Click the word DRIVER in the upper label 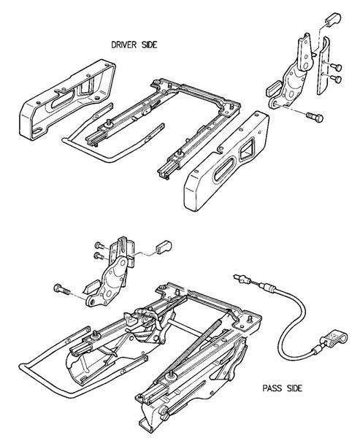[x=124, y=45]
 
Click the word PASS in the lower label [x=271, y=388]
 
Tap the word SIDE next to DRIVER [x=150, y=45]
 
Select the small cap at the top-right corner [x=332, y=18]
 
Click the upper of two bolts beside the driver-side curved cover [x=336, y=67]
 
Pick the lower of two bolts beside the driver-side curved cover [x=336, y=79]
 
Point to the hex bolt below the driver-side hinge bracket [x=315, y=117]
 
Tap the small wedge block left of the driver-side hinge [x=273, y=87]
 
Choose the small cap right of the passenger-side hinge [x=164, y=247]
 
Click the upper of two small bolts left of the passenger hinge [x=99, y=246]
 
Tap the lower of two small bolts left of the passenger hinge [x=99, y=255]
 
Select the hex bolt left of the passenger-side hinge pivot [x=61, y=289]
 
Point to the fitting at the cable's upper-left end [x=241, y=279]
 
